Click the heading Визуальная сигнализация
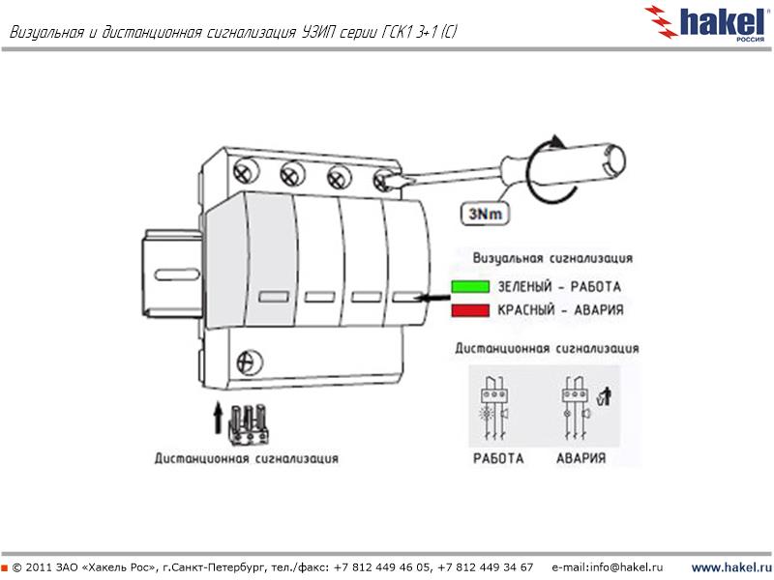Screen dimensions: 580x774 (552, 259)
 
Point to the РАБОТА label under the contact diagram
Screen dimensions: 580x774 (497, 458)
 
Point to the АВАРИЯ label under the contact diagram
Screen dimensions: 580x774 (580, 458)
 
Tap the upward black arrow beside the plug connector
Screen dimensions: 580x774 (217, 418)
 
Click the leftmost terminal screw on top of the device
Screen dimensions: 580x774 (245, 174)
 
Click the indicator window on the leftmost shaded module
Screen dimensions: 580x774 (272, 298)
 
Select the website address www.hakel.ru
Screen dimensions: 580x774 (729, 565)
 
